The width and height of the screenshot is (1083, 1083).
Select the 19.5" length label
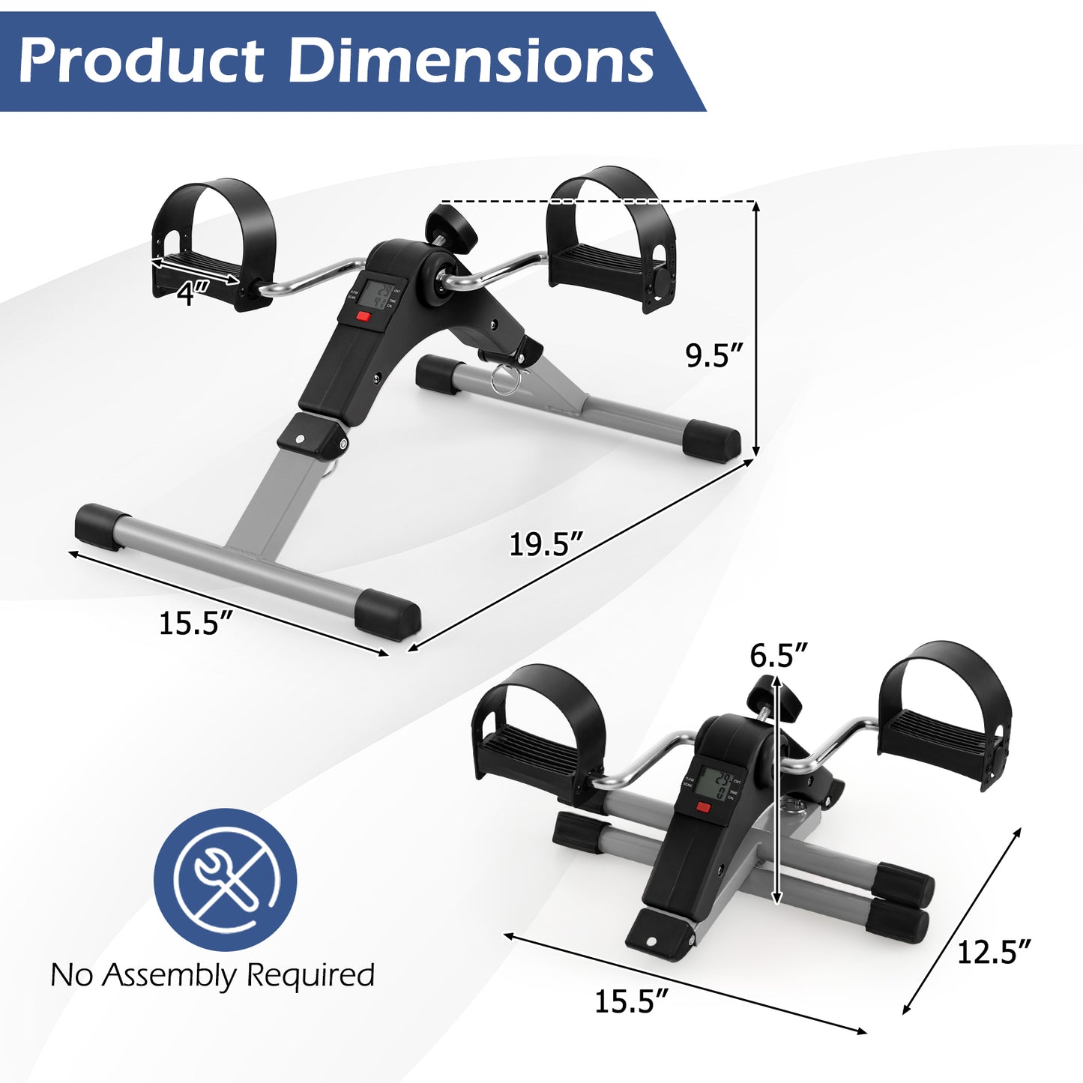pyautogui.click(x=546, y=543)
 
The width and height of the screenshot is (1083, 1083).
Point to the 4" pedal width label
pyautogui.click(x=192, y=295)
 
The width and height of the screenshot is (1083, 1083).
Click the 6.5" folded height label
pyautogui.click(x=779, y=655)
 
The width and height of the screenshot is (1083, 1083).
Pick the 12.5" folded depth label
pyautogui.click(x=994, y=952)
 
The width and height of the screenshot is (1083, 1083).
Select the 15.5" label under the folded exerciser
pyautogui.click(x=631, y=1001)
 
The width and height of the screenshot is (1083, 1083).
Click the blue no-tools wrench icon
pyautogui.click(x=225, y=879)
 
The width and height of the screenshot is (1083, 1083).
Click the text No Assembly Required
pyautogui.click(x=212, y=975)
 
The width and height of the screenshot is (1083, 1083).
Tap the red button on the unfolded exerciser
pyautogui.click(x=363, y=316)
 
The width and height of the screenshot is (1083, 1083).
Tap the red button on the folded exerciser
pyautogui.click(x=702, y=807)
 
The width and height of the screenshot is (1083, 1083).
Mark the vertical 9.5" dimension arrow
pyautogui.click(x=755, y=330)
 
